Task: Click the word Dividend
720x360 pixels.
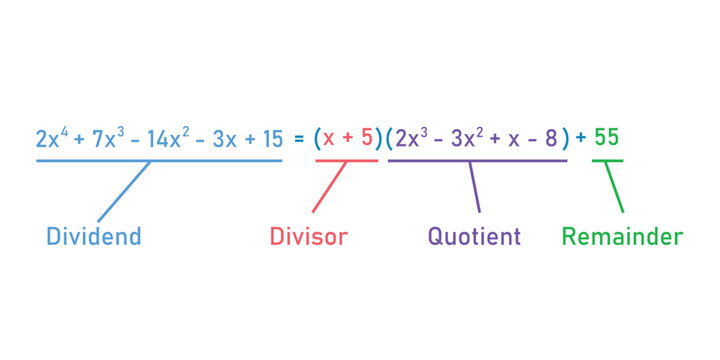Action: [93, 237]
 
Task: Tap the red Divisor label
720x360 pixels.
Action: [308, 237]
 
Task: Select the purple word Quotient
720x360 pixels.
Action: [474, 237]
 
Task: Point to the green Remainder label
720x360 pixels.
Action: [622, 237]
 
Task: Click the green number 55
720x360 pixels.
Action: [607, 138]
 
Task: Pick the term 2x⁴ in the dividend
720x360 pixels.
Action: [50, 139]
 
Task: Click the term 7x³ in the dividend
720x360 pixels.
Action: [108, 139]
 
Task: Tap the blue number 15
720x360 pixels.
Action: [271, 139]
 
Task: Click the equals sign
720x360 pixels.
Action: [298, 139]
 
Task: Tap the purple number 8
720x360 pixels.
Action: [551, 139]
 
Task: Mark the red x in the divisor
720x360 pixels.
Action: [328, 139]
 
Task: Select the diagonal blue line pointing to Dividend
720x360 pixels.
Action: [123, 190]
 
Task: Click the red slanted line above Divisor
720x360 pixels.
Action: [330, 186]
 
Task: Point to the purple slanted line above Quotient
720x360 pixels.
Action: [474, 186]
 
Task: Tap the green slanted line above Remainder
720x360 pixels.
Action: [615, 186]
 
